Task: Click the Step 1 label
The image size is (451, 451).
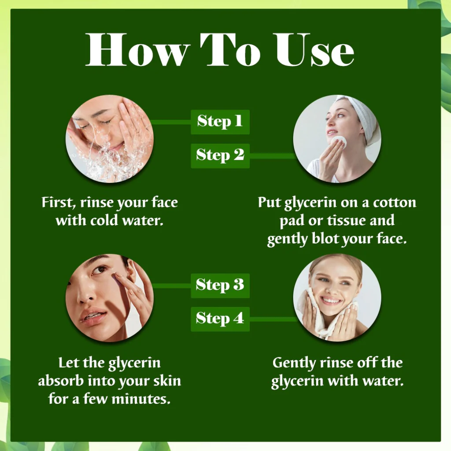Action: click(x=220, y=122)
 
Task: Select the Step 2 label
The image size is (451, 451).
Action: click(x=220, y=155)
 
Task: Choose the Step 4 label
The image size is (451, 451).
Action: click(x=220, y=318)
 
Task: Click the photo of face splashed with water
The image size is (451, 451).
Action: click(x=110, y=139)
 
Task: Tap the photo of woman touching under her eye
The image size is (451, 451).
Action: click(x=110, y=298)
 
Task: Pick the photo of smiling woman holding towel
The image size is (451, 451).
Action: click(x=337, y=298)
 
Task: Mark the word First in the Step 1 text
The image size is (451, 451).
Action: click(x=56, y=203)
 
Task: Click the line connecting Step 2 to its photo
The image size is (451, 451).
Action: click(x=271, y=155)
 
